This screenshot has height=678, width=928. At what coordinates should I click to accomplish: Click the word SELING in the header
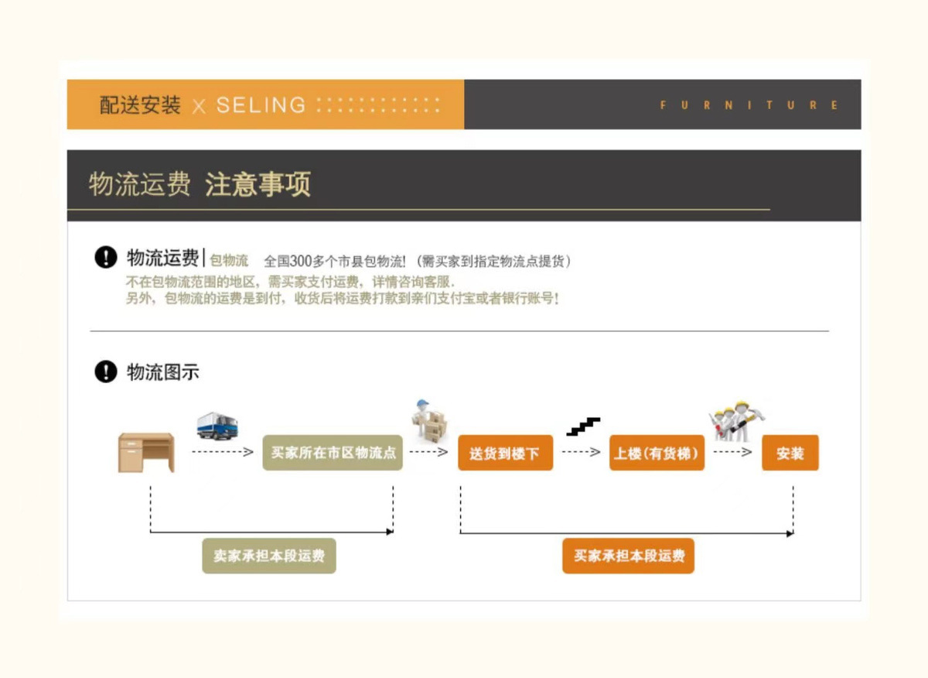[x=261, y=105]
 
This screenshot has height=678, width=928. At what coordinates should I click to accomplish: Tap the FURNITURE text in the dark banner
[x=749, y=105]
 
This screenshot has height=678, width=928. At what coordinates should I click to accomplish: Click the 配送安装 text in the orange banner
[x=140, y=105]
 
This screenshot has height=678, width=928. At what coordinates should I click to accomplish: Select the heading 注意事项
[x=258, y=185]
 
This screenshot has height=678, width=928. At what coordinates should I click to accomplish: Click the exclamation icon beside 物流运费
[x=105, y=258]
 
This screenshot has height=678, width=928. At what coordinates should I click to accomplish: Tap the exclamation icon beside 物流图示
[x=105, y=372]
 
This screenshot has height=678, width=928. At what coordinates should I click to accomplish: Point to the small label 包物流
[x=229, y=261]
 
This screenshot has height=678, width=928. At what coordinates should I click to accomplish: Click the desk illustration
[x=146, y=452]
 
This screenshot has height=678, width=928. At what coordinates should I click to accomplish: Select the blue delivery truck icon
[x=217, y=426]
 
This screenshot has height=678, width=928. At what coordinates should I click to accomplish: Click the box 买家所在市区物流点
[x=333, y=453]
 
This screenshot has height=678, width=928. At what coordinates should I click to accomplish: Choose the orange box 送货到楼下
[x=505, y=454]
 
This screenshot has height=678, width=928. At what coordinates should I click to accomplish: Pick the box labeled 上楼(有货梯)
[x=657, y=454]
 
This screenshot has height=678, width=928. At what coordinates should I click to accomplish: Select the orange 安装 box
[x=790, y=454]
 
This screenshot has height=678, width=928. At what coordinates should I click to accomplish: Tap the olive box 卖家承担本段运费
[x=269, y=556]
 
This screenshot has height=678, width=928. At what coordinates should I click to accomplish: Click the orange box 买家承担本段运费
[x=628, y=556]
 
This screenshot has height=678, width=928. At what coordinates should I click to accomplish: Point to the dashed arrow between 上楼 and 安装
[x=732, y=452]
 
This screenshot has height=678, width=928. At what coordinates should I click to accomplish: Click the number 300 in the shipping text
[x=299, y=262]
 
